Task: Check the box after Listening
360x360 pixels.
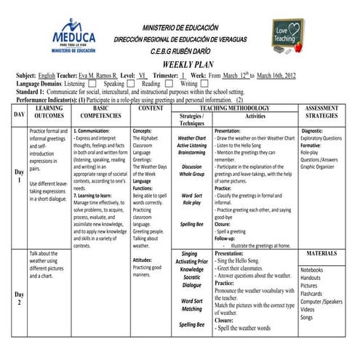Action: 92,84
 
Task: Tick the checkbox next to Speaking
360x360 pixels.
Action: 131,84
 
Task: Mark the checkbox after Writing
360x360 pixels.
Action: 204,84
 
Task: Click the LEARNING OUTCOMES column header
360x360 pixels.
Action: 49,112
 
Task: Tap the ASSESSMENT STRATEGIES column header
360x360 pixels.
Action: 321,112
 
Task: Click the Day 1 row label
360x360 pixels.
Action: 19,177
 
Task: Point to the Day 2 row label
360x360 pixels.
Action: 19,299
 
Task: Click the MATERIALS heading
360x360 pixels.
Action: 321,254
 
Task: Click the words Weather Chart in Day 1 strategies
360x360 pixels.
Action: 192,137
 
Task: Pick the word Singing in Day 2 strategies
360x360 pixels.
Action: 191,255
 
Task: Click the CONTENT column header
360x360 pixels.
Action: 151,108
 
